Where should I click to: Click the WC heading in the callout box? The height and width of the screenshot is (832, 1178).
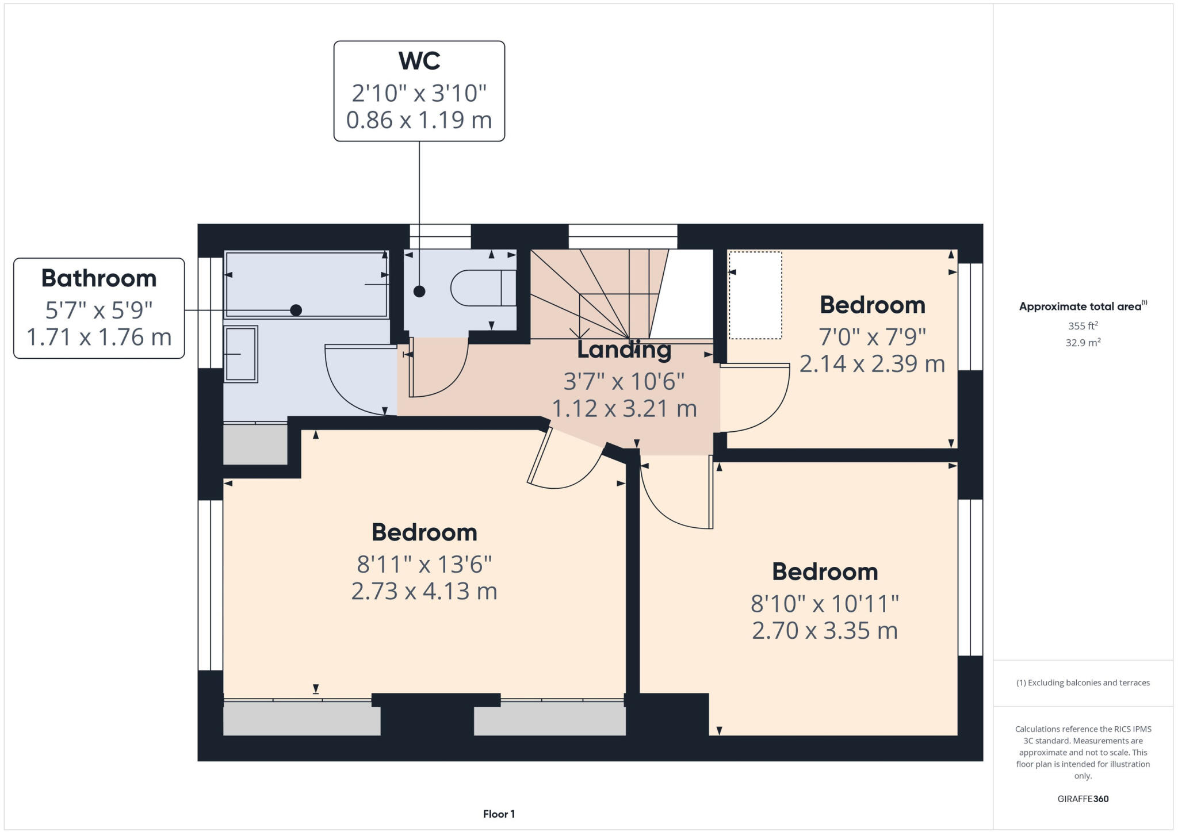pos(419,61)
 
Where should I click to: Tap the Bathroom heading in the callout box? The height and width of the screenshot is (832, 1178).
pos(99,278)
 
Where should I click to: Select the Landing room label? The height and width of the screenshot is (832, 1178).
pos(624,350)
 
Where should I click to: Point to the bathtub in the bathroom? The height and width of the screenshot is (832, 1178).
pos(307,284)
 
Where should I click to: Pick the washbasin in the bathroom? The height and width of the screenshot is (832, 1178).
pos(240,354)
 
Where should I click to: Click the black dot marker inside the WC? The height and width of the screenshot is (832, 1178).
pos(419,292)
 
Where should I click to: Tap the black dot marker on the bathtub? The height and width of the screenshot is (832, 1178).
pos(296,310)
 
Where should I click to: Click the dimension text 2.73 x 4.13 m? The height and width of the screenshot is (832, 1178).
pos(424,591)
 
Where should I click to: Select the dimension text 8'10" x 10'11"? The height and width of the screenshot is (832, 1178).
pos(824,604)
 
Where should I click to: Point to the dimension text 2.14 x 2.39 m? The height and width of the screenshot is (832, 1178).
pos(872,364)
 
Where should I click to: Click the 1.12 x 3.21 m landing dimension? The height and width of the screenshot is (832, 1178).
pos(624,409)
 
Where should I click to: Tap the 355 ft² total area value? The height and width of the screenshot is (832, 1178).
pos(1083,326)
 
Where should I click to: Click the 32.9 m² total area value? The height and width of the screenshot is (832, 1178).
pos(1083,343)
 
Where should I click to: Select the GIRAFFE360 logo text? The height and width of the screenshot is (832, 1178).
pos(1083,799)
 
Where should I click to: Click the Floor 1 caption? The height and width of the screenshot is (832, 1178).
pos(499,814)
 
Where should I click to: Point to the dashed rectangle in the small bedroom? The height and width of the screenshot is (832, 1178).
pos(755,295)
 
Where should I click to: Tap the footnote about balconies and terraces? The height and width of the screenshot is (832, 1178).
pos(1083,683)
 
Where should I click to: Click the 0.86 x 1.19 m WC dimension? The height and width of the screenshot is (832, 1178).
pos(419,120)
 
